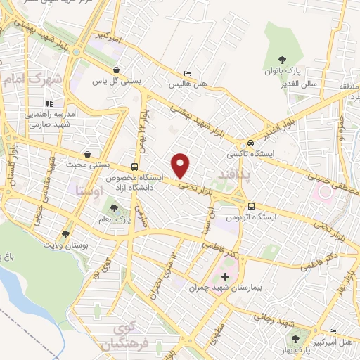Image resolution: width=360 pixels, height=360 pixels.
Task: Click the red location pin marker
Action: coord(181,165)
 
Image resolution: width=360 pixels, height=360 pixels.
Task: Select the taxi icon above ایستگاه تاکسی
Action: coord(243,141)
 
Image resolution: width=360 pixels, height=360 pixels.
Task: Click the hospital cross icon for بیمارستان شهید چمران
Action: coord(225,276)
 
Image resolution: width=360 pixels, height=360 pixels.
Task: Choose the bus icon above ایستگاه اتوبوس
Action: coord(251,206)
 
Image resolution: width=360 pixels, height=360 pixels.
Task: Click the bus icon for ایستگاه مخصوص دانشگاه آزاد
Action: coord(134,167)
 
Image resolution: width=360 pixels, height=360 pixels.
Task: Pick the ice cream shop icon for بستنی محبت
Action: coord(86,154)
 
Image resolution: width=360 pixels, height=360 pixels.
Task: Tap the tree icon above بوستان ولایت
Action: coord(65,233)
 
